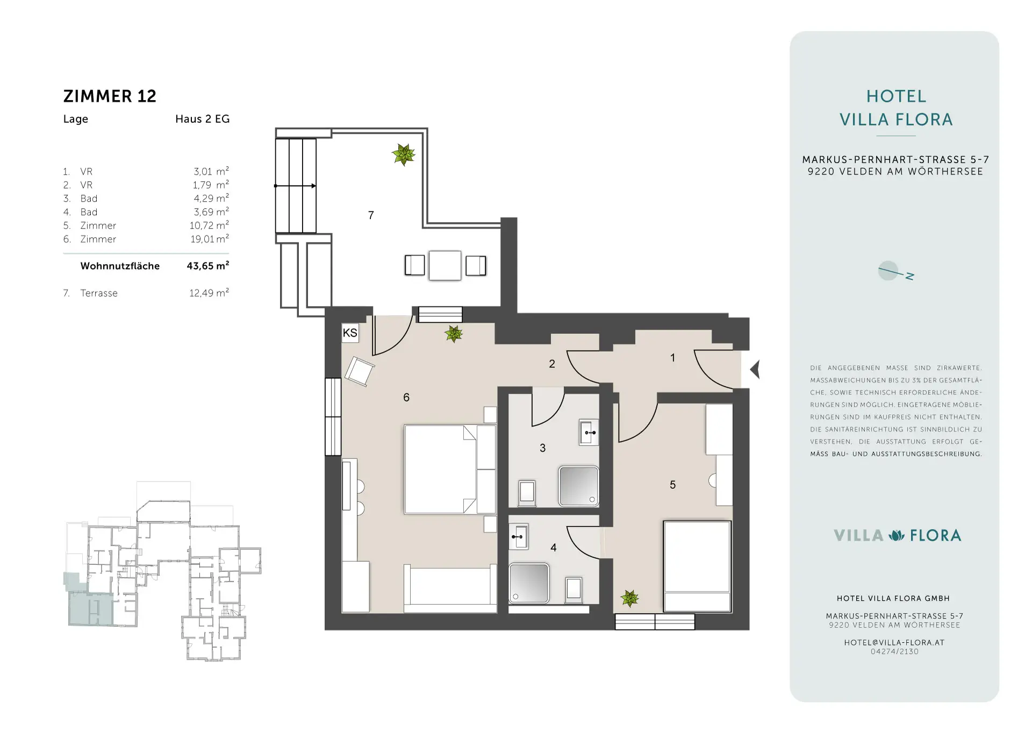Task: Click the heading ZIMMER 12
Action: click(x=110, y=96)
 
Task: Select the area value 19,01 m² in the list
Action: click(x=210, y=238)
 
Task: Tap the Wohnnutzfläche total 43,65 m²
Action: click(x=208, y=265)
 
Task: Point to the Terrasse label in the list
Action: click(x=99, y=293)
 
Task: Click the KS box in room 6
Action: click(x=350, y=333)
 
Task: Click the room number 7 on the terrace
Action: click(x=371, y=215)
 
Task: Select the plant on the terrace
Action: click(x=404, y=154)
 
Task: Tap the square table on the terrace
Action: click(x=445, y=265)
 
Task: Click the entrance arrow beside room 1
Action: click(x=755, y=370)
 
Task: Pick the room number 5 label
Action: click(x=672, y=485)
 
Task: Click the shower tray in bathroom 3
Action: click(x=578, y=486)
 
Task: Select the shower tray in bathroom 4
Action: click(x=529, y=583)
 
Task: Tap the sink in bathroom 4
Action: click(x=519, y=536)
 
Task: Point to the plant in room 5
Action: click(x=629, y=598)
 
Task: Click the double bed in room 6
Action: click(x=450, y=469)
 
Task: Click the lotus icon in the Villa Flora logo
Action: click(x=897, y=535)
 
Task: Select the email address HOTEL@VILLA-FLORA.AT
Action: click(x=894, y=642)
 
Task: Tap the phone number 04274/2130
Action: click(x=894, y=651)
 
